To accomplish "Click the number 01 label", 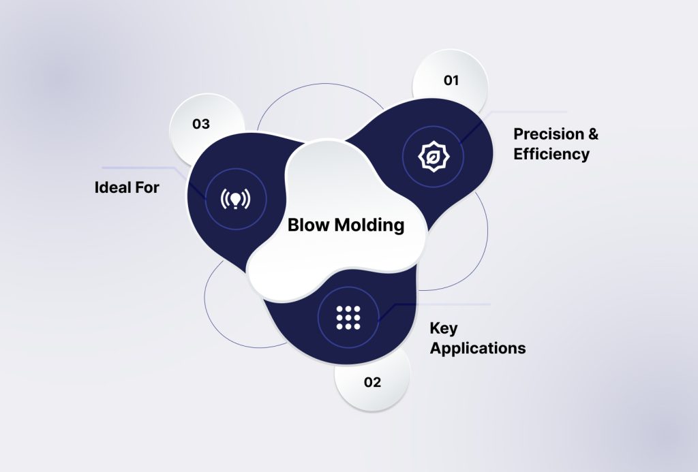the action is click(x=451, y=80).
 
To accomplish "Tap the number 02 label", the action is click(x=373, y=382).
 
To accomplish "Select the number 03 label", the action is click(x=201, y=124).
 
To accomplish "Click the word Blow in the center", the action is click(x=309, y=225).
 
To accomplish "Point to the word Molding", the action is click(x=369, y=225).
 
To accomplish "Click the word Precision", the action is click(x=549, y=134).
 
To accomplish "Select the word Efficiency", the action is click(x=551, y=154).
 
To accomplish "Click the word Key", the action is click(x=443, y=329).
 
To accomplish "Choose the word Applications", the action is click(x=478, y=348).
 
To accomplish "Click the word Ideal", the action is click(x=112, y=187).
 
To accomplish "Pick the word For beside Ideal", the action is click(x=147, y=188).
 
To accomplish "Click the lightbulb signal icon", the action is click(x=235, y=199).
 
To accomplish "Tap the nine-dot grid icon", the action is click(x=348, y=317).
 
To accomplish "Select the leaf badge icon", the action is click(x=433, y=157).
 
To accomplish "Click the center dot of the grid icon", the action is click(x=348, y=317).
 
